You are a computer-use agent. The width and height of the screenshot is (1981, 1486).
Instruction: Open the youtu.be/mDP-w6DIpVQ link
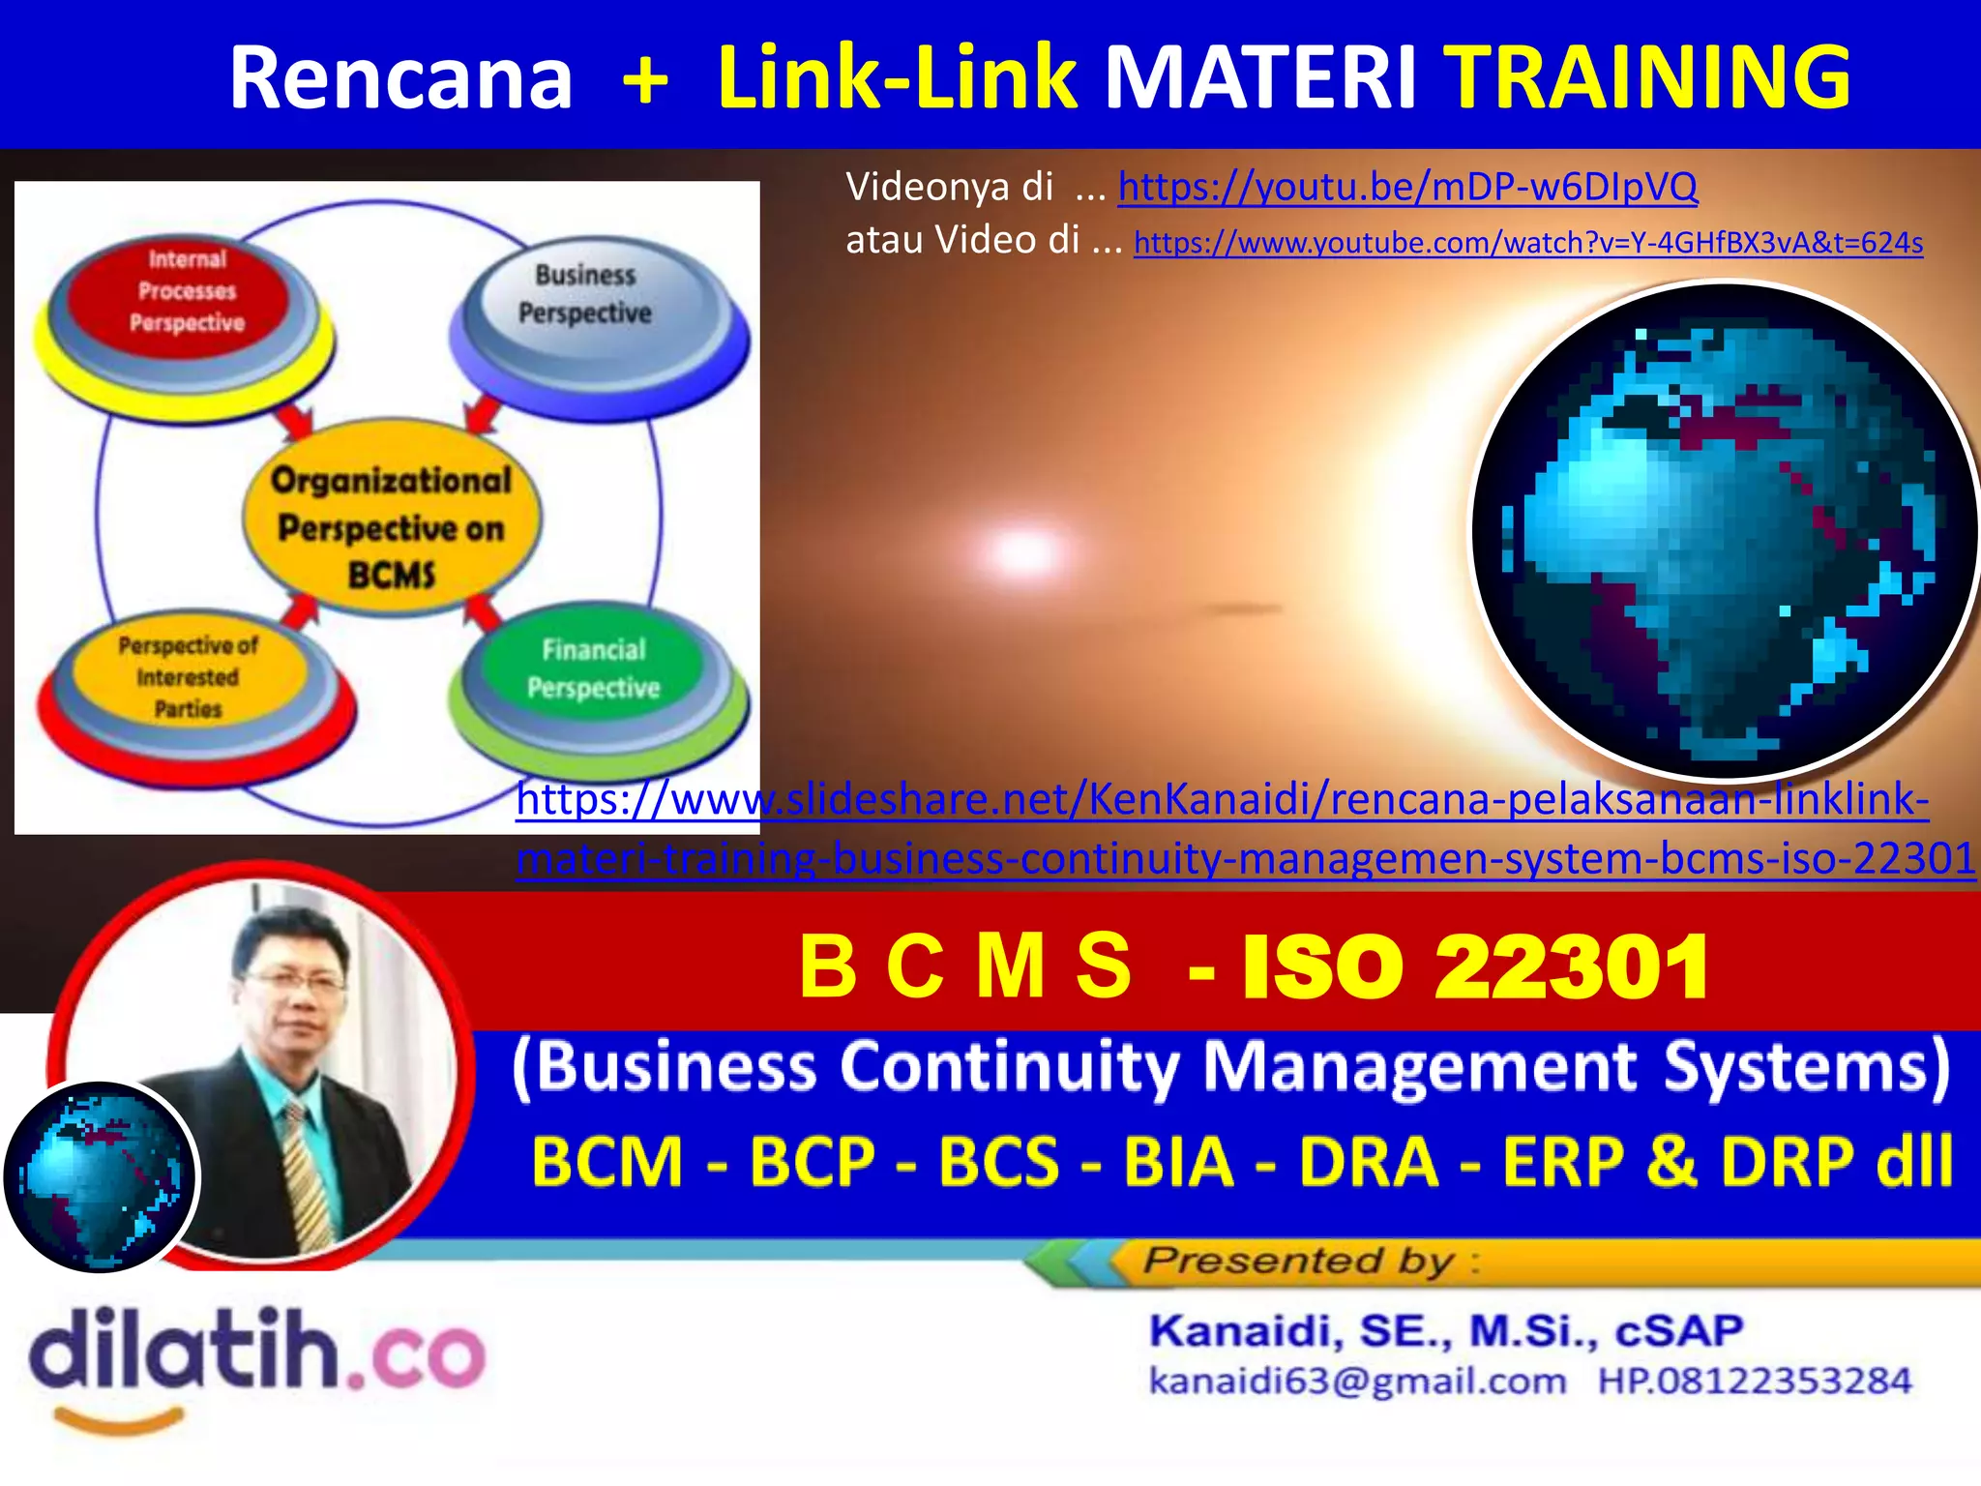(1407, 186)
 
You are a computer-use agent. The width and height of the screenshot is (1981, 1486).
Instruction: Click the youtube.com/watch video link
(1528, 242)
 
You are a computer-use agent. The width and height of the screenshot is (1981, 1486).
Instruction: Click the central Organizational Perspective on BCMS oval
(392, 523)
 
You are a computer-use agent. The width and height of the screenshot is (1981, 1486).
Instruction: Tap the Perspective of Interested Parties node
(188, 677)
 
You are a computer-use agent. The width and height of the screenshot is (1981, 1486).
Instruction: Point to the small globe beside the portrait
(101, 1176)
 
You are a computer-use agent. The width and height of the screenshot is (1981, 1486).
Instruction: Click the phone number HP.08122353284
(1754, 1381)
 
